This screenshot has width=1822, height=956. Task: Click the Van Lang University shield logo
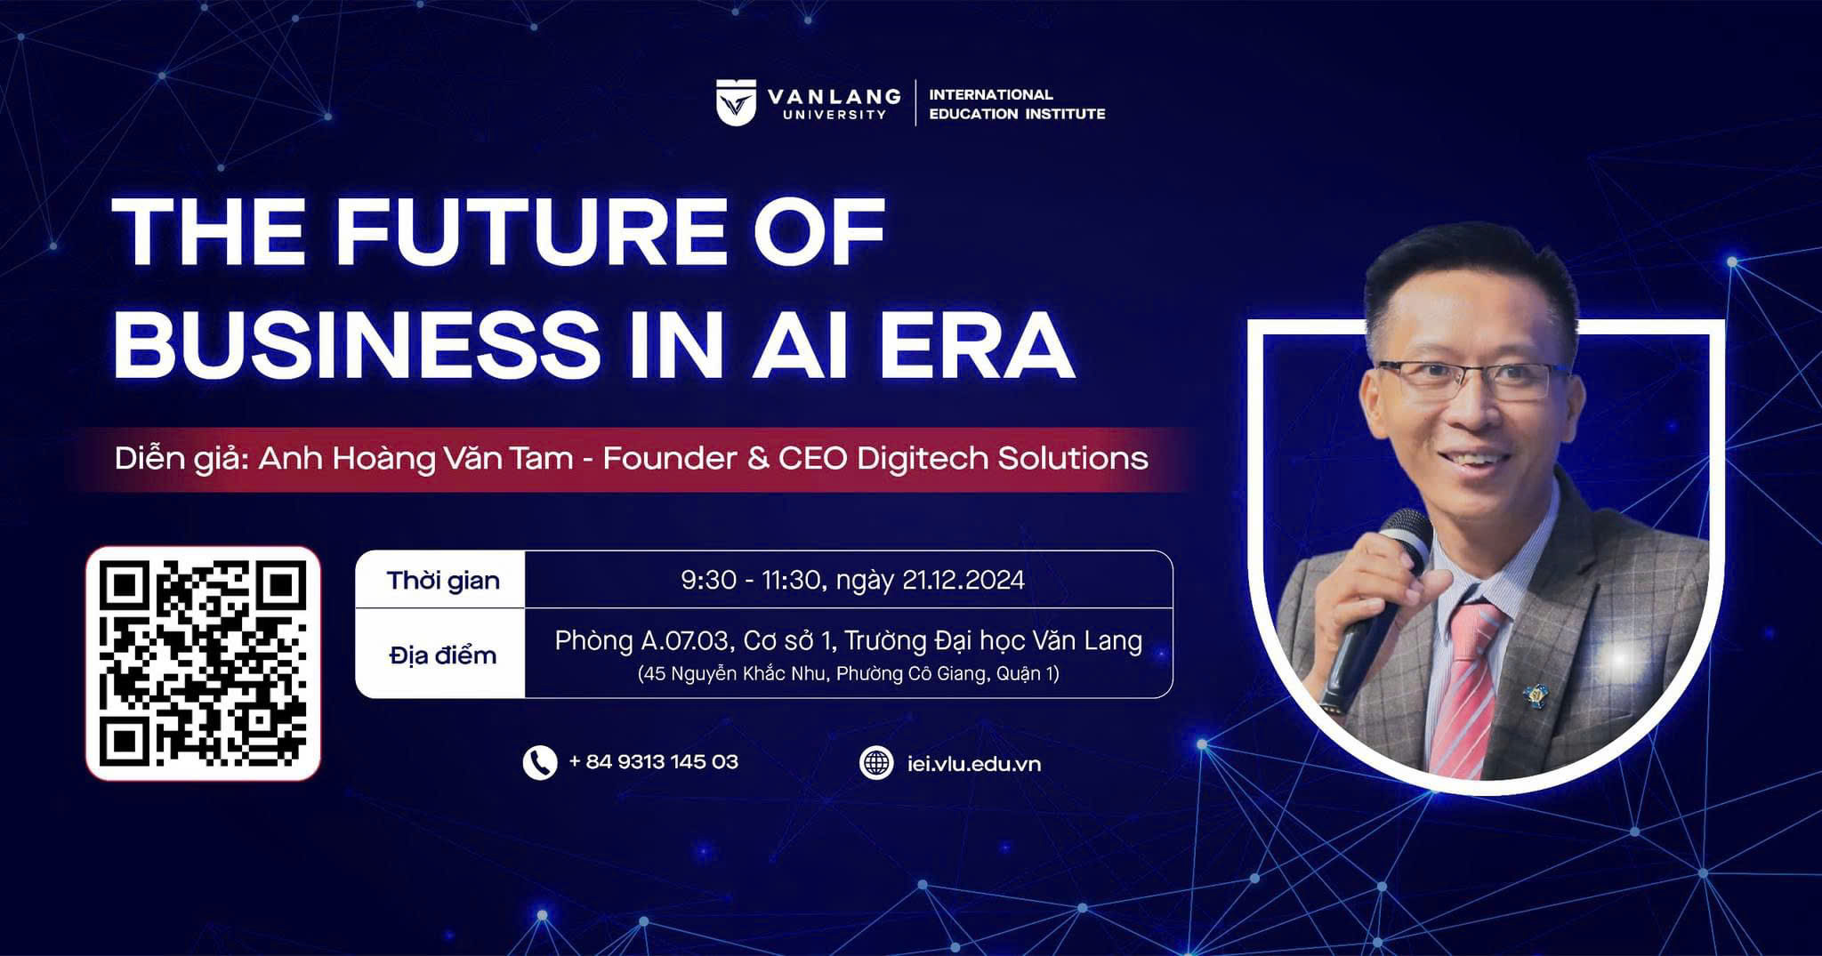(x=736, y=102)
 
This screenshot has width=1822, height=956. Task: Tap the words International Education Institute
(x=1017, y=104)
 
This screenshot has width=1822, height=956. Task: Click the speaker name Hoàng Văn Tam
(x=452, y=458)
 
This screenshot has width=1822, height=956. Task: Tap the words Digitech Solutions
(x=1003, y=458)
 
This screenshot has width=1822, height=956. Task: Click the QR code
(x=203, y=663)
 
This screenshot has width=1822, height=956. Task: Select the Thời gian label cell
(x=441, y=580)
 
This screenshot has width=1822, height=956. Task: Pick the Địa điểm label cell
(x=441, y=655)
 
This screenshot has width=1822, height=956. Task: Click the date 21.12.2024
(x=963, y=580)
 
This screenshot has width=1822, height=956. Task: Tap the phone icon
(x=540, y=763)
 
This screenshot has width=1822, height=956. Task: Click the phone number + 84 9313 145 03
(x=653, y=762)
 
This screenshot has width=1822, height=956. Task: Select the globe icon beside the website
(x=876, y=763)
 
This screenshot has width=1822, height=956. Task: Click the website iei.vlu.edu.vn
(x=974, y=764)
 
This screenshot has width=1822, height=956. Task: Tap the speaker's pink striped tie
(x=1468, y=685)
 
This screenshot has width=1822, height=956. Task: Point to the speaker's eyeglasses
(x=1472, y=379)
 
